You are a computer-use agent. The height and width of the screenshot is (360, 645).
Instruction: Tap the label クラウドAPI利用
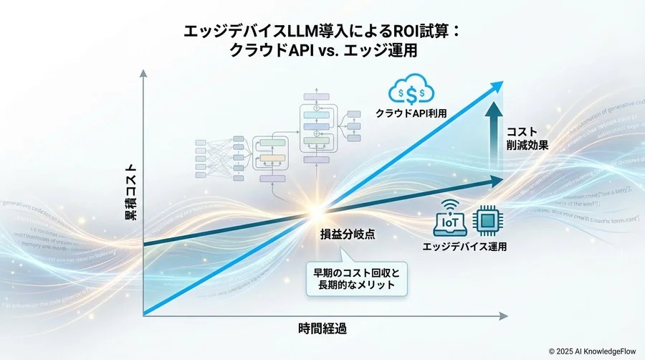tap(409, 113)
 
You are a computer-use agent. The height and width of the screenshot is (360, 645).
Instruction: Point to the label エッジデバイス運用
tap(465, 247)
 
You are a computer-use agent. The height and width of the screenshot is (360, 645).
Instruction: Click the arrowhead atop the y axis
tap(144, 75)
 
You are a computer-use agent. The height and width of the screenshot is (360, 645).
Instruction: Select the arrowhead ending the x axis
tap(510, 315)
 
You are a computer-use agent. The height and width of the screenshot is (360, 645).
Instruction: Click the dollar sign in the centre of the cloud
tap(409, 93)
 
